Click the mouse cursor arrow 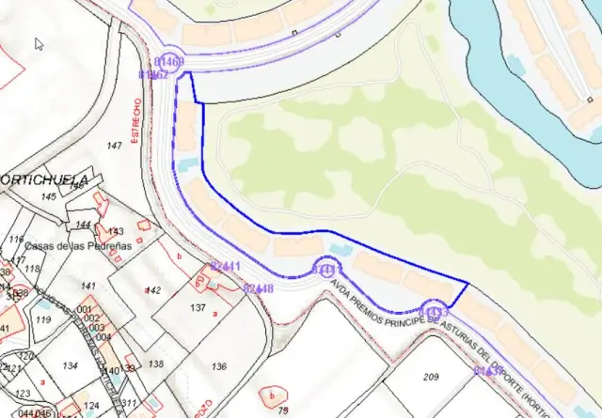click(x=39, y=43)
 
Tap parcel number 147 click(x=115, y=146)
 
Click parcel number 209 click(x=431, y=378)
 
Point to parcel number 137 click(x=198, y=308)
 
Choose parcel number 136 click(x=219, y=366)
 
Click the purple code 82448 click(x=258, y=288)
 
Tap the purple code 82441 click(x=227, y=267)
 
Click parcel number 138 click(x=156, y=364)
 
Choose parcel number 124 click(x=91, y=407)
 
